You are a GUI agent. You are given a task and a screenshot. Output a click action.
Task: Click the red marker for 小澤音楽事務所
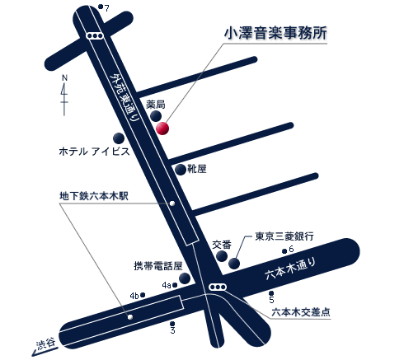point(162,129)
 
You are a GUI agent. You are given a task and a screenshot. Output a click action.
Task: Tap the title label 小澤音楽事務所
point(275,33)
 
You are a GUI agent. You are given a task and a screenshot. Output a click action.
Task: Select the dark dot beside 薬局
point(156,116)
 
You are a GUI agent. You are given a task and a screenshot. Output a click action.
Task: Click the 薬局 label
point(156,105)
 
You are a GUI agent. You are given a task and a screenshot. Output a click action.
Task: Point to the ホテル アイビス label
point(94,152)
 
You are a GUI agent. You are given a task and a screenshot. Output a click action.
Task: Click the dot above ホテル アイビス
point(119,138)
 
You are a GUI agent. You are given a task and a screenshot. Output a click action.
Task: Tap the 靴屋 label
point(197,169)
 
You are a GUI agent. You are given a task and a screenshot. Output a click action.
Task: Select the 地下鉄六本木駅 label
point(94,196)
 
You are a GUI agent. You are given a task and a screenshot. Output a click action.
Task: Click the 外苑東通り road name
point(124,97)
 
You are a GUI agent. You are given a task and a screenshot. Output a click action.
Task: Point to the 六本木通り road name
point(290,269)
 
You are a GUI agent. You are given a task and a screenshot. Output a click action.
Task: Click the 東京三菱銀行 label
point(284,236)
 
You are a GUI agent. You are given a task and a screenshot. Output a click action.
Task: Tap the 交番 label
point(222,245)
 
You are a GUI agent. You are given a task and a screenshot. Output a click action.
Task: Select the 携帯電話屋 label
point(158,266)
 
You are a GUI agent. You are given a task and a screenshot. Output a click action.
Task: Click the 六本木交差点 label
point(301,312)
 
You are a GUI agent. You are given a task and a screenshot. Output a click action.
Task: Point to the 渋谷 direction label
point(46,344)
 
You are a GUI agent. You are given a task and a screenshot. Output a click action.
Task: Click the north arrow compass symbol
point(64,95)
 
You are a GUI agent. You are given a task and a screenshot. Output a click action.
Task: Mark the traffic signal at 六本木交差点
point(218,288)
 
